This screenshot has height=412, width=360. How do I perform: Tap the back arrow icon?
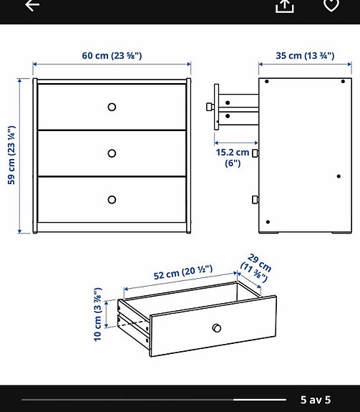coord(32,5)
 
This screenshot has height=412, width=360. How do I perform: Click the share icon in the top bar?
coord(285,6)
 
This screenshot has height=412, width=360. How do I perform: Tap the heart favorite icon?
coord(331,5)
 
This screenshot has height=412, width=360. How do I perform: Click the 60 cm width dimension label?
coord(111,56)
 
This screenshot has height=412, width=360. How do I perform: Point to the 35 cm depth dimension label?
coord(306,56)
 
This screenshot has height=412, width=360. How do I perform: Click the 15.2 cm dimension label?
coord(233,157)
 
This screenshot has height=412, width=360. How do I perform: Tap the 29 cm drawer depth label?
coord(258,269)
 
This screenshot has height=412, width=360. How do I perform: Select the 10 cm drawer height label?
coord(99,315)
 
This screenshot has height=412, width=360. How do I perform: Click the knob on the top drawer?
coord(112,107)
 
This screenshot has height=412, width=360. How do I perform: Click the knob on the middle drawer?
coord(112,153)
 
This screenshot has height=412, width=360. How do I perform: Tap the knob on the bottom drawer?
coord(112,199)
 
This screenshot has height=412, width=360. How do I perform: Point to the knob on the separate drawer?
coord(217,328)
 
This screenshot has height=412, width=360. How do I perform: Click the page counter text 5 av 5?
coord(315,399)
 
